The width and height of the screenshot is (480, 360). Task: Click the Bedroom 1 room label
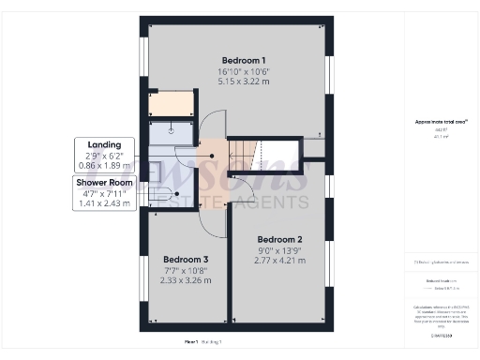[236, 58]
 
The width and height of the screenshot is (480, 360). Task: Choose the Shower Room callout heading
[106, 181]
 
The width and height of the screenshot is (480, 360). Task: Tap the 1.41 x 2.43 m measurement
[106, 202]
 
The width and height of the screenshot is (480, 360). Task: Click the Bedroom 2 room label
[279, 238]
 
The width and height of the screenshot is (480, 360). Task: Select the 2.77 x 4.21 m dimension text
[279, 261]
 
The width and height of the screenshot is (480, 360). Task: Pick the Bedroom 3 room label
[185, 259]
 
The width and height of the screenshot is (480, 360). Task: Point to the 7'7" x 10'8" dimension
[185, 270]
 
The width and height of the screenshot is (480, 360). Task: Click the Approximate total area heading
[441, 122]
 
